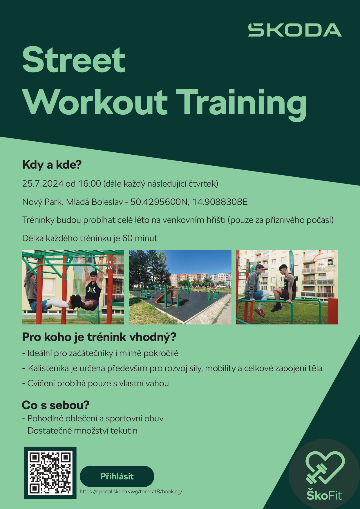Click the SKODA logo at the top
tap(295, 30)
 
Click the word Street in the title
tap(74, 60)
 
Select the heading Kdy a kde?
tap(52, 165)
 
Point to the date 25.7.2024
tap(43, 184)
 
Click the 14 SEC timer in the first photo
tap(109, 265)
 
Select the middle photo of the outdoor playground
tap(180, 287)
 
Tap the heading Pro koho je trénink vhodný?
tap(99, 337)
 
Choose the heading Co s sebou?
tap(56, 405)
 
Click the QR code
tap(50, 473)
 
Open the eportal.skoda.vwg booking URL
tap(131, 492)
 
